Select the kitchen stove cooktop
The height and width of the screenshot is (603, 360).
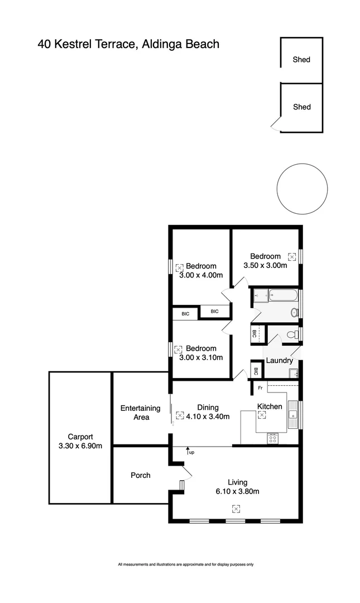point(273,439)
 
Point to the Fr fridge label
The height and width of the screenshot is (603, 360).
point(260,387)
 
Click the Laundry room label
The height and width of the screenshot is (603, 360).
point(279,361)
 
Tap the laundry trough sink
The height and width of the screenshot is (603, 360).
point(294,372)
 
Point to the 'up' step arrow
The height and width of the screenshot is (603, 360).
point(188,450)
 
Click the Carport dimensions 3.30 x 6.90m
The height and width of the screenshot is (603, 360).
point(80,446)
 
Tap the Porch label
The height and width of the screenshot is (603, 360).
point(140,475)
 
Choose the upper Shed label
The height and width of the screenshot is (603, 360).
point(301,60)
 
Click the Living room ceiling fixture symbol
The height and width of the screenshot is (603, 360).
point(236,508)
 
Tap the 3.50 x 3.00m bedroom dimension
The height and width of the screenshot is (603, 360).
point(265,266)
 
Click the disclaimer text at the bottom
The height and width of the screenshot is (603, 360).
point(185,564)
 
